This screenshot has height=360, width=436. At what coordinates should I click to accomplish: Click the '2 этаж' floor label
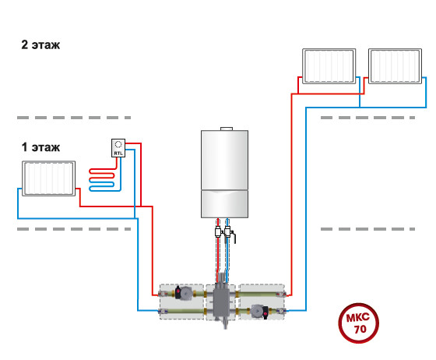point(40,44)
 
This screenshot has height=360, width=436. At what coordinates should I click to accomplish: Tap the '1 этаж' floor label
point(40,147)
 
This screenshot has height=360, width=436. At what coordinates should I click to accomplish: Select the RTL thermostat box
point(118,148)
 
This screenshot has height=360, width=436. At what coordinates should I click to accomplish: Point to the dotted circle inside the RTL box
point(118,144)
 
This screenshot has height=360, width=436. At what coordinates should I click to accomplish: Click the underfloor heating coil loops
point(102,180)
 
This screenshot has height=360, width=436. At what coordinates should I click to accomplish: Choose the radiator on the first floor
point(48,178)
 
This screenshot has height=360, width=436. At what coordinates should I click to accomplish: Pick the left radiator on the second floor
point(329,66)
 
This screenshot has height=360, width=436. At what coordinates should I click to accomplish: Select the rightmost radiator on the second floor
point(396,66)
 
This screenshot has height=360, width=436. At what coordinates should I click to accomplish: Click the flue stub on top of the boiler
point(227,129)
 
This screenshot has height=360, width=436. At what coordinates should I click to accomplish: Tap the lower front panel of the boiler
point(225,204)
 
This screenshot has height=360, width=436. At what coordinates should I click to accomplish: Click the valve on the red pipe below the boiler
point(218,231)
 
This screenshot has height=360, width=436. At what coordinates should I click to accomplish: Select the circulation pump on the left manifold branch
point(183,293)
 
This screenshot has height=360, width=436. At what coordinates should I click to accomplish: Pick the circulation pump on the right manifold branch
point(260,312)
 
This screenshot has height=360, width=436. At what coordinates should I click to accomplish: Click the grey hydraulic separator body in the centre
point(221,302)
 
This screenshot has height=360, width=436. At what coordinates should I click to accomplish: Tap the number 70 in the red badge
point(360,329)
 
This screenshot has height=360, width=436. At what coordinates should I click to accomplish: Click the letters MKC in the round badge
point(358,317)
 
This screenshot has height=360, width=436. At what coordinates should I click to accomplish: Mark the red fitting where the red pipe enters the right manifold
point(280,294)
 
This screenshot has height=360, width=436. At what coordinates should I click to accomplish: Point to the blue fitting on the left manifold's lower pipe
point(163,312)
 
